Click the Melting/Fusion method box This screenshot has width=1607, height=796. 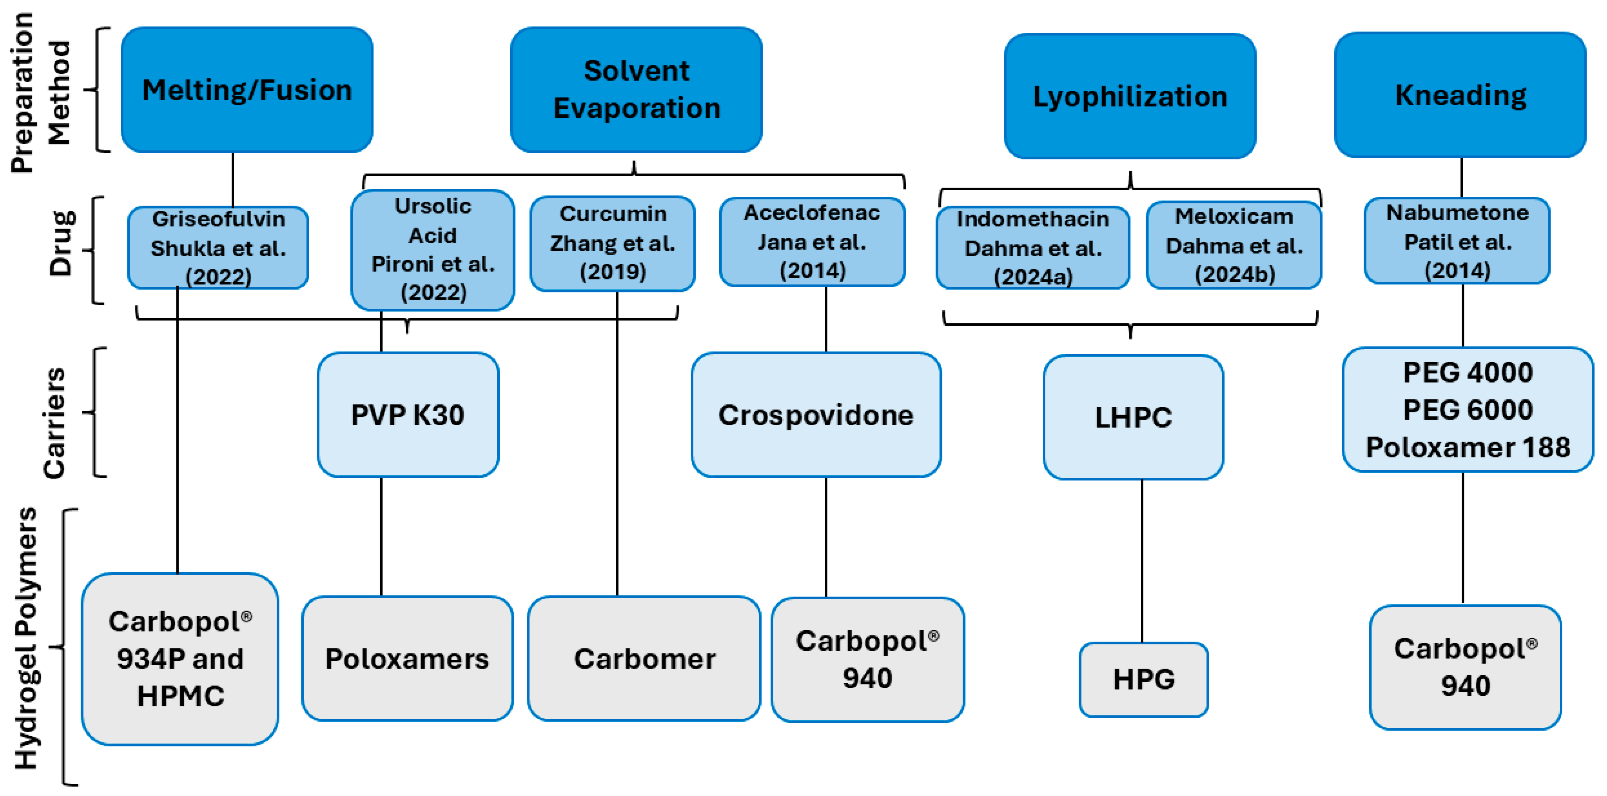click(x=247, y=90)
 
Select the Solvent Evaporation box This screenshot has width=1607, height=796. click(x=636, y=90)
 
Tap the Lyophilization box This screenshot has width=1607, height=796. click(x=1130, y=96)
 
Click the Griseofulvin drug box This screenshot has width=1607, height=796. click(x=218, y=248)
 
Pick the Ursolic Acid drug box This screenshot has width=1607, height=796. click(x=433, y=250)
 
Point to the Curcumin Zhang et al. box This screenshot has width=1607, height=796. click(x=613, y=243)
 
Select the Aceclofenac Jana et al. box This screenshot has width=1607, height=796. click(x=812, y=242)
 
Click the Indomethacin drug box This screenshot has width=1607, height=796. click(x=1033, y=248)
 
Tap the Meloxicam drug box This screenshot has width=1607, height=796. click(x=1234, y=245)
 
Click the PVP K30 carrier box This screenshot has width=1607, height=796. click(x=408, y=415)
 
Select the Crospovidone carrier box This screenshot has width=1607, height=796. click(x=816, y=415)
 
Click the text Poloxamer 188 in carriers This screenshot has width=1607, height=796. click(x=1468, y=447)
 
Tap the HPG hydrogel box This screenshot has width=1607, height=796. click(x=1143, y=679)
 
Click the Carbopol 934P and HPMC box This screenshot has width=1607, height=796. click(x=180, y=659)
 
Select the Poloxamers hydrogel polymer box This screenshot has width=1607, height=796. click(x=407, y=659)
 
